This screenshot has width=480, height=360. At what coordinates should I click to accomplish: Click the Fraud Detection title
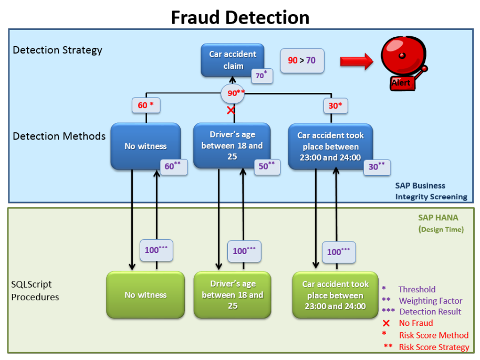(x=240, y=17)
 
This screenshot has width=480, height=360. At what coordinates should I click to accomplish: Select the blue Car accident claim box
(x=232, y=60)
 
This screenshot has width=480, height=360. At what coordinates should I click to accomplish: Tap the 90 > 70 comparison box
(x=302, y=60)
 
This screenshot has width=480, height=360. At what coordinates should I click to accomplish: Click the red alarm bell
(x=404, y=62)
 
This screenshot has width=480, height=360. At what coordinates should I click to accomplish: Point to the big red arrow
(x=357, y=61)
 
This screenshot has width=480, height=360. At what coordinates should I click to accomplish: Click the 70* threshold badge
(x=262, y=75)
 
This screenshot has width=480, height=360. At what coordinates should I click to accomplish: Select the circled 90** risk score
(x=233, y=93)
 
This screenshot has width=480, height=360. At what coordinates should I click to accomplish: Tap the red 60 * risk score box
(x=145, y=105)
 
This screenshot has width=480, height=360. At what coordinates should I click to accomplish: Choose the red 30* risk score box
(x=336, y=106)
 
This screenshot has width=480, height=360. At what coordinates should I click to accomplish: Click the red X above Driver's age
(x=231, y=110)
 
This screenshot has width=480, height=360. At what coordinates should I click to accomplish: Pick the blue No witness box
(x=145, y=146)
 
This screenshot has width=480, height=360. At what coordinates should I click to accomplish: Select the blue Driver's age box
(x=232, y=145)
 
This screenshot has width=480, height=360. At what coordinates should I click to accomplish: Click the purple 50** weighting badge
(x=267, y=167)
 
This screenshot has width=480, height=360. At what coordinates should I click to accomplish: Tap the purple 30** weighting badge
(x=377, y=167)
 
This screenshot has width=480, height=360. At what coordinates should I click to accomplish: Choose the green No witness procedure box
(x=145, y=295)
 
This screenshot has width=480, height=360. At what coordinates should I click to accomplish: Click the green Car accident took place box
(x=335, y=295)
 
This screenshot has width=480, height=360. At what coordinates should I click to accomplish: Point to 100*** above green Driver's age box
(x=244, y=251)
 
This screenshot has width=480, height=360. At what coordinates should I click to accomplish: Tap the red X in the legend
(x=387, y=323)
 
